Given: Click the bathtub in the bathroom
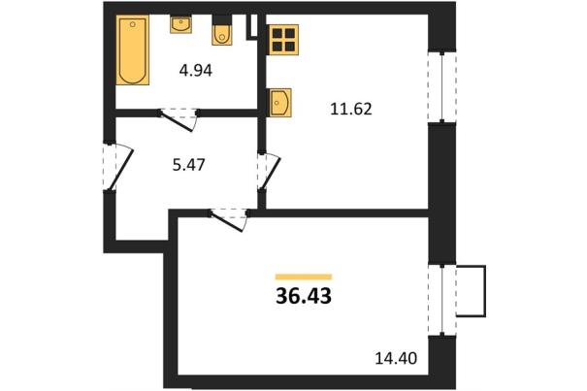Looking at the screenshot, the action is (x=133, y=49).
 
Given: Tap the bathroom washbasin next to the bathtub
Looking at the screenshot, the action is (x=181, y=24).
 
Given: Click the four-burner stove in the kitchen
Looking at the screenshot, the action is (x=283, y=40).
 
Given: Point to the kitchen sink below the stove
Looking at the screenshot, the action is (x=279, y=102).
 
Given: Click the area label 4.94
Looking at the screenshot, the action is (x=195, y=71).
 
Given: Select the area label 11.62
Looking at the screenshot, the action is (x=351, y=109).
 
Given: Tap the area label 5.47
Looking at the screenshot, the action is (x=188, y=165).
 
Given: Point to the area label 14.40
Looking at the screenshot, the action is (x=396, y=358).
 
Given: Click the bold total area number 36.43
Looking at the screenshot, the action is (x=304, y=296).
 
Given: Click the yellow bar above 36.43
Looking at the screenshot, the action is (x=304, y=277).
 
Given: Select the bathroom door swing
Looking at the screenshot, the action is (x=179, y=120).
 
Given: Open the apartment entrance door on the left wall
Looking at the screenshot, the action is (x=117, y=167).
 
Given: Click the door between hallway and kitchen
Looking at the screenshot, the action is (x=269, y=171).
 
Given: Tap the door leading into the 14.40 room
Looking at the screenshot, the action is (x=229, y=221).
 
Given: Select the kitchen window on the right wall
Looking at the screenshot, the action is (x=442, y=87).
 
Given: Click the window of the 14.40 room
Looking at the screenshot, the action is (x=442, y=300).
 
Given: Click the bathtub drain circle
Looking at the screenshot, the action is (x=133, y=24).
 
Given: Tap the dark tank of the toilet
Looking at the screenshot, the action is (x=221, y=20).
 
